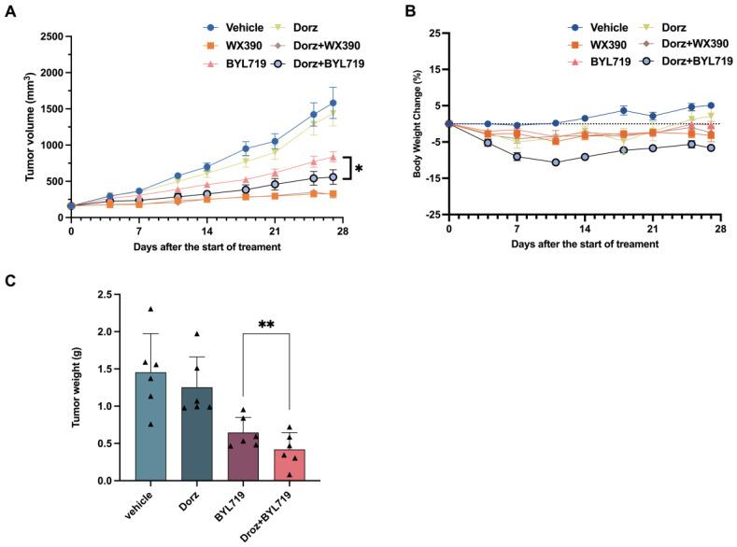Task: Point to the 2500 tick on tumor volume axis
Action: (50, 36)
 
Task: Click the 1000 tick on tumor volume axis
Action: (50, 146)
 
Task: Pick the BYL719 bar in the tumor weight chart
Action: (245, 456)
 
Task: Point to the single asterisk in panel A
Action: (359, 169)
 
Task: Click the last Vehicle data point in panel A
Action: (333, 103)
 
